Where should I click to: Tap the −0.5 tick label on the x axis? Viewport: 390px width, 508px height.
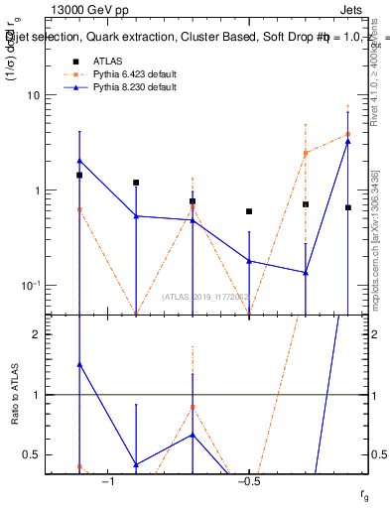[x=249, y=481]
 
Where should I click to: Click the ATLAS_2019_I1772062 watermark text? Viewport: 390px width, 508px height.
[x=206, y=298]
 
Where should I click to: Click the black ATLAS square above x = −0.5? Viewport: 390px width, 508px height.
[x=249, y=211]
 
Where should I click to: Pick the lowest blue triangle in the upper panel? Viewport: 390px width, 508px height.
[x=306, y=272]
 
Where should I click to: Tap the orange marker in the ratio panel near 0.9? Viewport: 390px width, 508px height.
[x=193, y=407]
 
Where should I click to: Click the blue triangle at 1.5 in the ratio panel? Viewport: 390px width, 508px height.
[x=79, y=364]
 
